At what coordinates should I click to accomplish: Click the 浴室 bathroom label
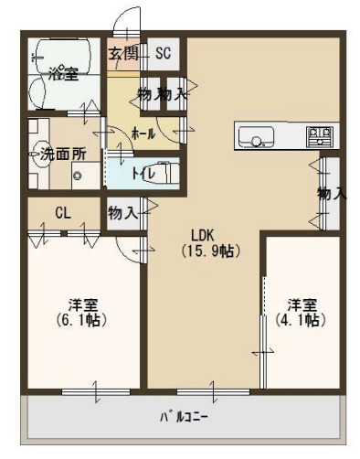[x=63, y=73]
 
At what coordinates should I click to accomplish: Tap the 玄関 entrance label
[x=124, y=53]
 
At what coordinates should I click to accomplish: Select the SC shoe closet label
[x=164, y=53]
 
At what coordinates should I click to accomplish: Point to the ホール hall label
[x=143, y=133]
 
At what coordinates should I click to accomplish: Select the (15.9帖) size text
[x=209, y=249]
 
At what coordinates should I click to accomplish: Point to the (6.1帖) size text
[x=81, y=321]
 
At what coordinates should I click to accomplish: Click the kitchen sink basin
[x=257, y=138]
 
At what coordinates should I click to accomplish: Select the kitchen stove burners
[x=318, y=137]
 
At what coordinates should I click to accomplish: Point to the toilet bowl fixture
[x=164, y=172]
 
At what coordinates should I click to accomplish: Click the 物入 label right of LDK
[x=332, y=194]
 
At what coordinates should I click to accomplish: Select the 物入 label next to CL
[x=122, y=213]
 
